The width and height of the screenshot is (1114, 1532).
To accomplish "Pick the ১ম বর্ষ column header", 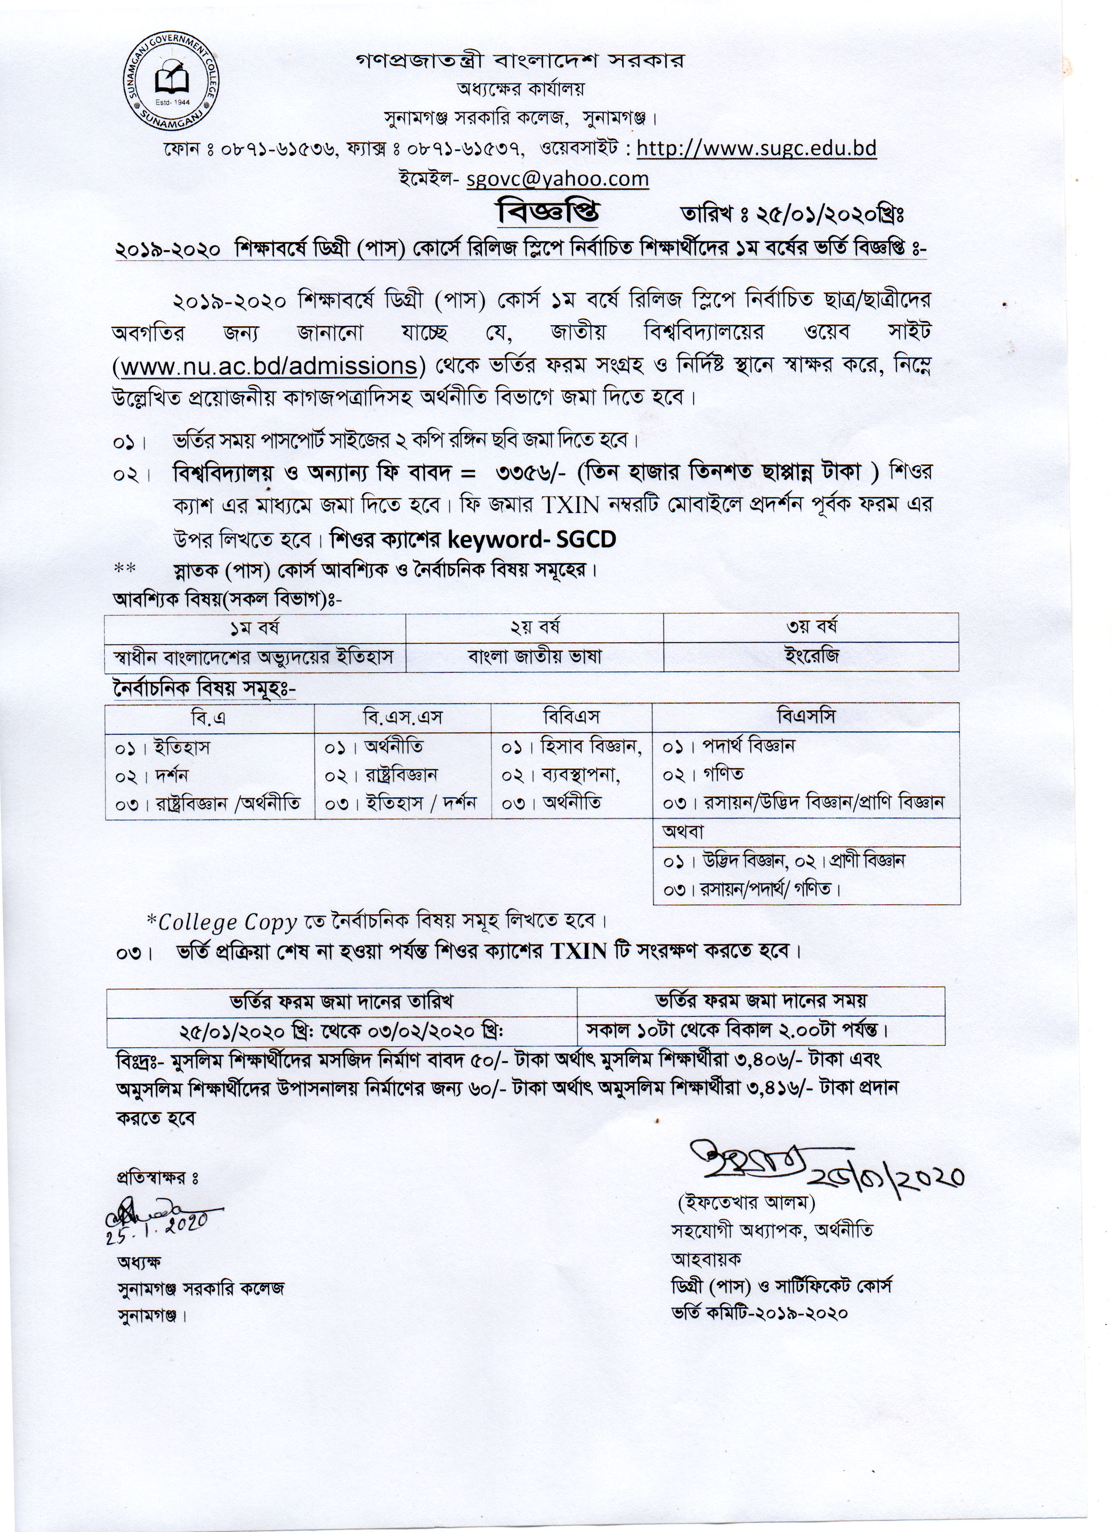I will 255,627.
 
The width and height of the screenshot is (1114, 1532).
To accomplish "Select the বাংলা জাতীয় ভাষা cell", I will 534,656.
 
